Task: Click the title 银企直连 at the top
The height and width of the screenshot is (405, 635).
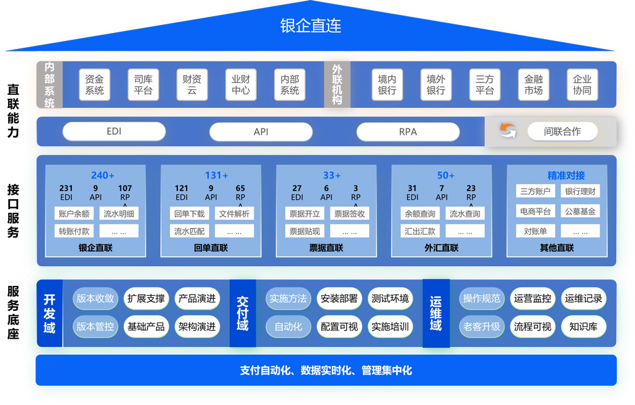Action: (x=311, y=25)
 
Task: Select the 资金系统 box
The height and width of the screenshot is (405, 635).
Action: (x=94, y=85)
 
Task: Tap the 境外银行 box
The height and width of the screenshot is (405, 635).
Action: (x=436, y=85)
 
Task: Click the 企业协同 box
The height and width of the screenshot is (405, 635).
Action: (x=582, y=85)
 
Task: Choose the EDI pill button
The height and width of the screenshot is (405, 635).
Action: (x=114, y=131)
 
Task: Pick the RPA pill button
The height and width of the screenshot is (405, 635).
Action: (x=407, y=131)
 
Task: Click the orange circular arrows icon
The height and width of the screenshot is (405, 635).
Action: (x=508, y=131)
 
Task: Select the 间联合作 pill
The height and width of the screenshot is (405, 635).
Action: (x=562, y=131)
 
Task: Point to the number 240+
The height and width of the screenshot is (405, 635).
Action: (x=103, y=176)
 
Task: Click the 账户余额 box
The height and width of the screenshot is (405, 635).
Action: (x=74, y=214)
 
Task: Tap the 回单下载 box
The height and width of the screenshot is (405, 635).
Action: (x=189, y=214)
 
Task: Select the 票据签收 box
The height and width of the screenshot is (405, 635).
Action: (x=350, y=214)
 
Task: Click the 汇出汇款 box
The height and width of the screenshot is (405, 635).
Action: (x=420, y=231)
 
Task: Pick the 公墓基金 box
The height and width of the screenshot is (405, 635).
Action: (x=580, y=211)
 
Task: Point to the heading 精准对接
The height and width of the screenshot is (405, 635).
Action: (x=566, y=176)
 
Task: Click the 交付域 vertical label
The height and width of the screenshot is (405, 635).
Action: (x=242, y=313)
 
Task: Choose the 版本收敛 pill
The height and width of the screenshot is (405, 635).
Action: (x=95, y=298)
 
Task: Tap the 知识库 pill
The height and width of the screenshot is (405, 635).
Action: (x=583, y=326)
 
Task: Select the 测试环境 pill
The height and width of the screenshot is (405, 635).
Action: (x=390, y=298)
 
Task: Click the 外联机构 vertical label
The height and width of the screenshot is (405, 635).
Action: (x=337, y=84)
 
